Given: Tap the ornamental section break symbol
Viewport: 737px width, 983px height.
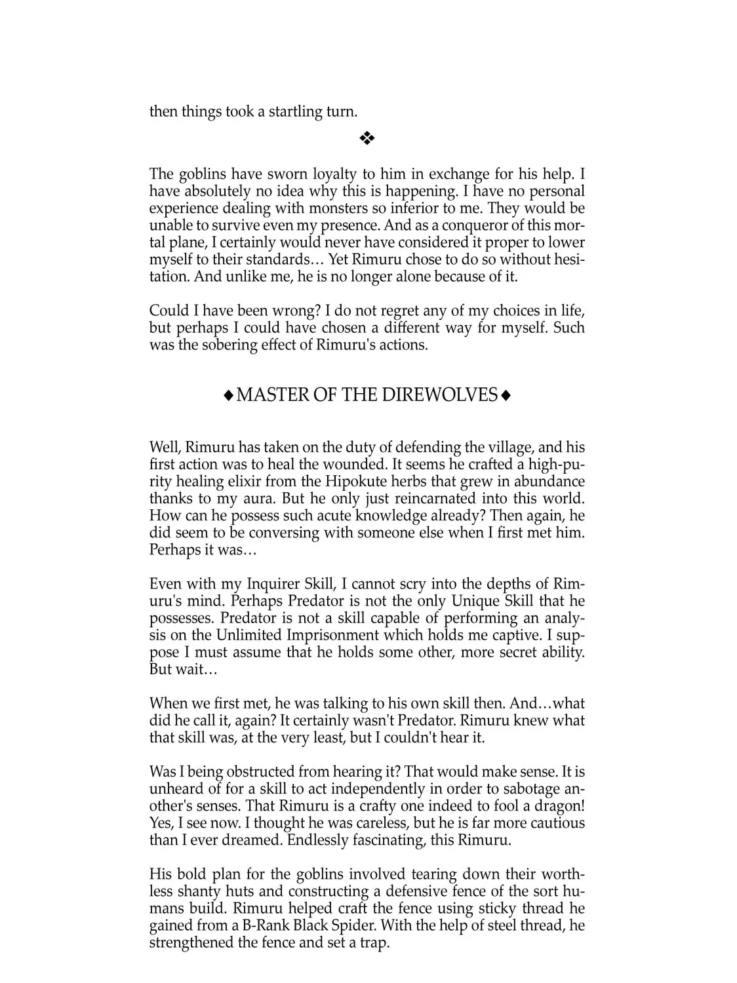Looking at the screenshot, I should tap(367, 138).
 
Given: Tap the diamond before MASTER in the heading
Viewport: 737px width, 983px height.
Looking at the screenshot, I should tap(228, 395).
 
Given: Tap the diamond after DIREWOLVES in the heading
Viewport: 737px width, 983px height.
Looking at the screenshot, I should tap(506, 395).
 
